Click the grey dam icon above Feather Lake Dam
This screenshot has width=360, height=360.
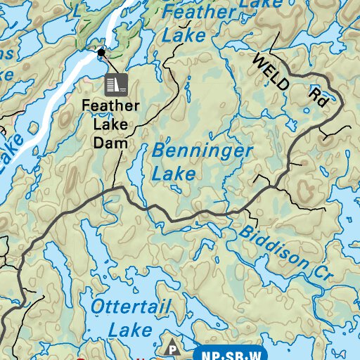coord(115,84)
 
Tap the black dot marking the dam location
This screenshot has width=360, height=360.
coord(101,52)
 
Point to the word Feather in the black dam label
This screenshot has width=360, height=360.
coord(111,107)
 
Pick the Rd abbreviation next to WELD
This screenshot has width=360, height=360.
coord(319,97)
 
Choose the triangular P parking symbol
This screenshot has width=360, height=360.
coord(171,347)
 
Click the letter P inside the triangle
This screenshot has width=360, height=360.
coord(171,349)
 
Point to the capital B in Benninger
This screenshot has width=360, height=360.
coord(158,150)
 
